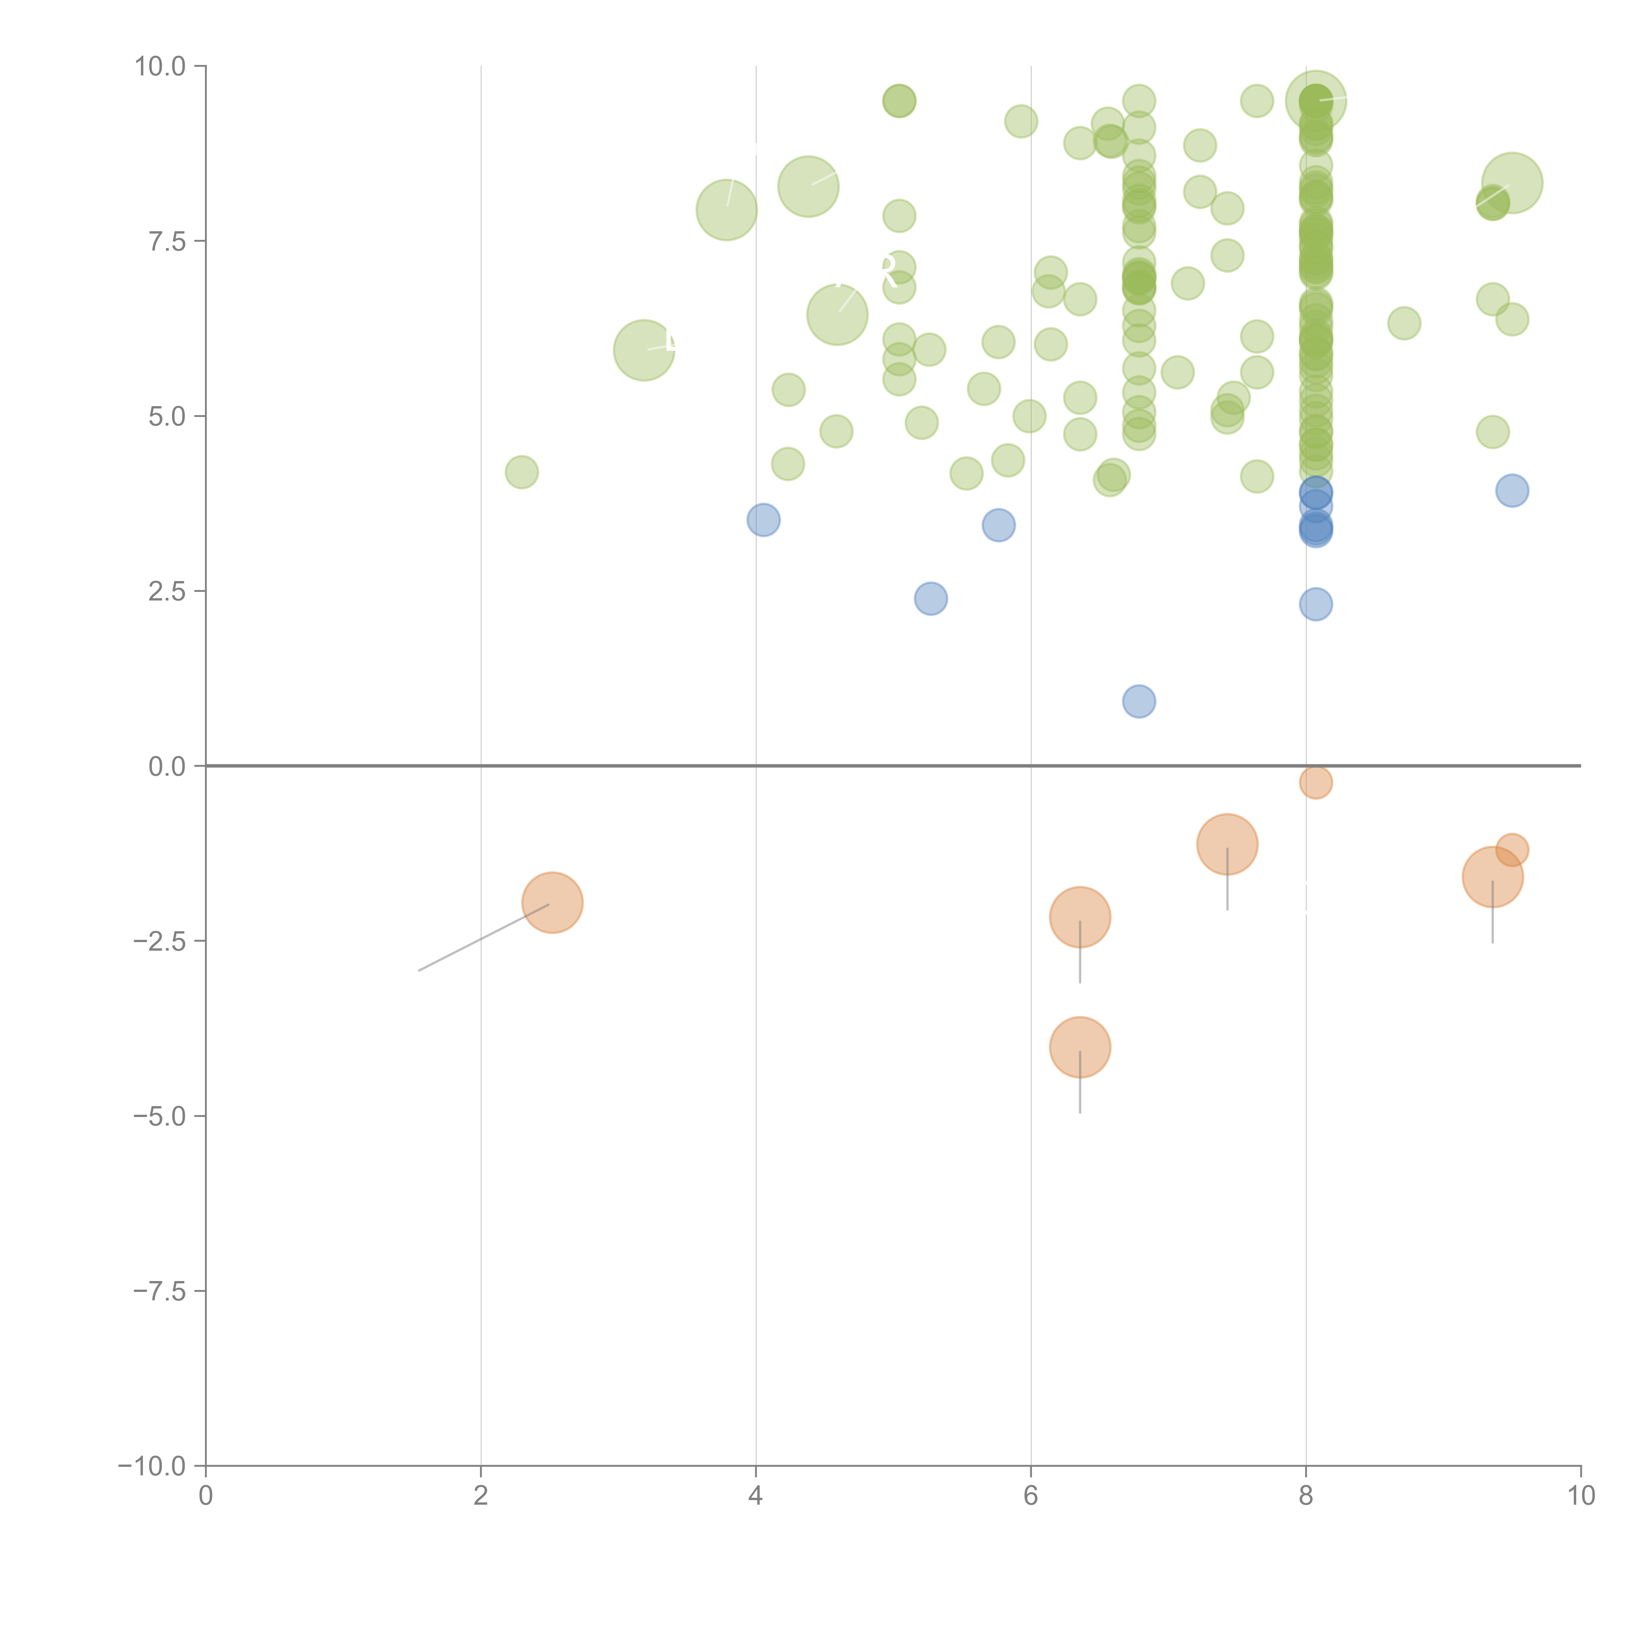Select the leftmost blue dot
763,520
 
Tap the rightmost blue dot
1512,490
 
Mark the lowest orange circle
1080,1047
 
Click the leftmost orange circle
552,903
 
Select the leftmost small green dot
522,471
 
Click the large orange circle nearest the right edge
1493,877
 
